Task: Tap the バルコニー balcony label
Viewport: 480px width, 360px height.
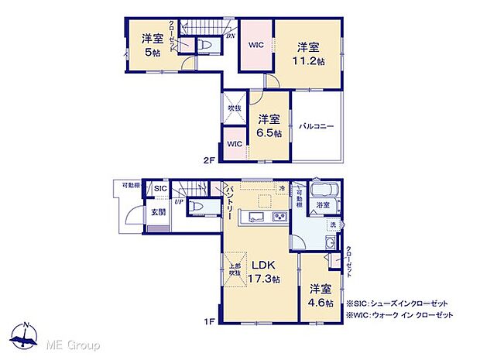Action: click(317, 126)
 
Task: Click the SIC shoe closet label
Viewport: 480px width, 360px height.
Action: click(159, 189)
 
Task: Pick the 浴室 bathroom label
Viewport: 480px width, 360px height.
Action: click(323, 206)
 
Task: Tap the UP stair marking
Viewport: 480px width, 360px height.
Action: click(179, 202)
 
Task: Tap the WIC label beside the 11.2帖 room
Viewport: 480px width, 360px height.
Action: click(255, 45)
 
